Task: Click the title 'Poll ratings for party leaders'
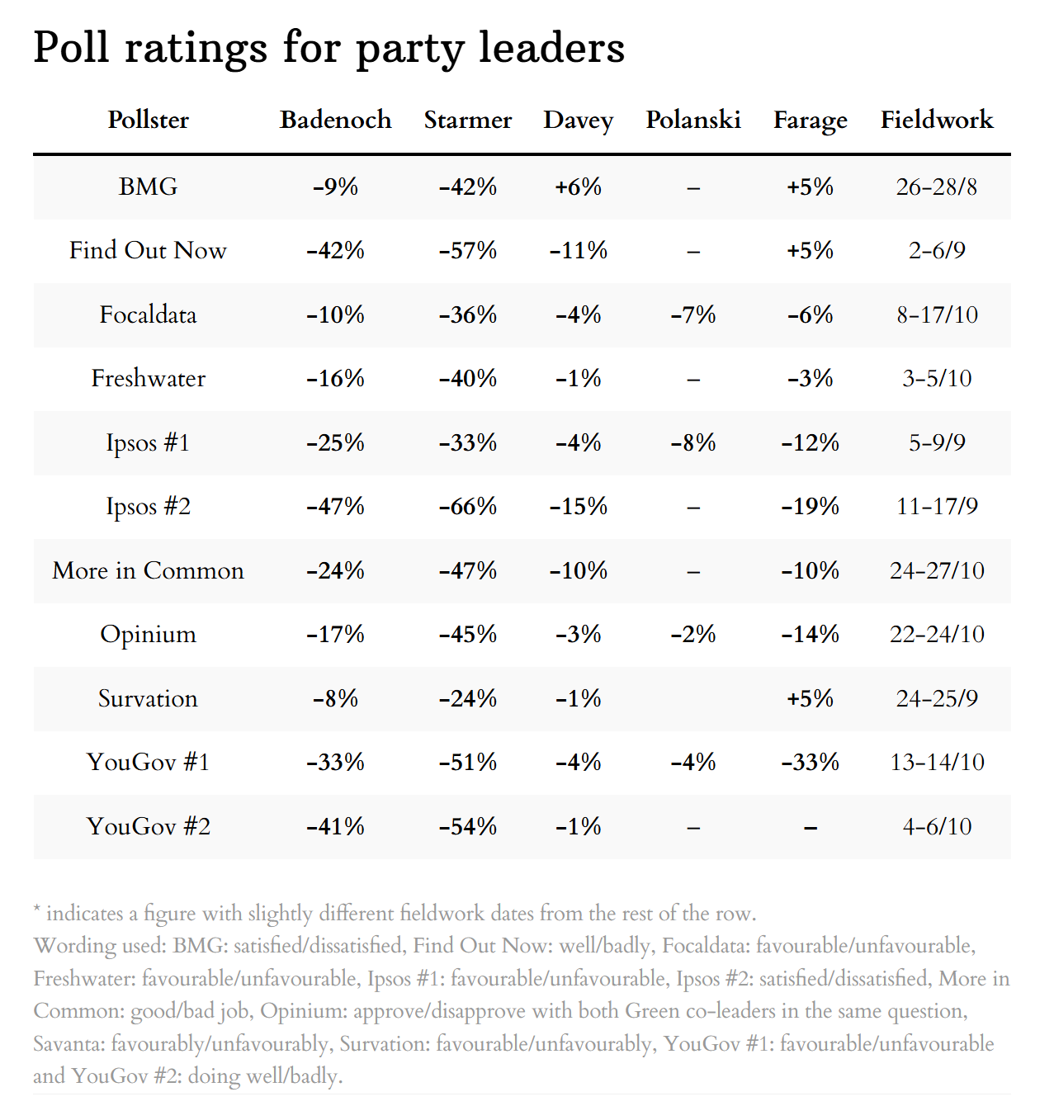(328, 48)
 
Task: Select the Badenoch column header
(335, 120)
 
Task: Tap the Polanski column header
(692, 120)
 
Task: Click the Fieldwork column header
(936, 120)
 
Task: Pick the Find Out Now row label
(148, 250)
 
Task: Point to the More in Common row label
(148, 570)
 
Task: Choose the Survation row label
(148, 698)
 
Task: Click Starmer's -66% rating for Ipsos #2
(467, 506)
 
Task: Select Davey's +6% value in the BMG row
(578, 187)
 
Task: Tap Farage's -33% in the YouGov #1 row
(810, 762)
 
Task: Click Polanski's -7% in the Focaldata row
(692, 314)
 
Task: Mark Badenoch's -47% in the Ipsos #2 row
(335, 506)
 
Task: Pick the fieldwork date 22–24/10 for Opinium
(937, 634)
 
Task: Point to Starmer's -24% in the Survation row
(467, 698)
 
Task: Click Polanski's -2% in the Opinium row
(692, 634)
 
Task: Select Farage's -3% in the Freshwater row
(810, 378)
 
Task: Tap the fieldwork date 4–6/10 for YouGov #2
(937, 826)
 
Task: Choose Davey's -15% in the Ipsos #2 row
(578, 506)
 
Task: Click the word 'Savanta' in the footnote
(69, 1044)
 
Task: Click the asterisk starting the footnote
(37, 910)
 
